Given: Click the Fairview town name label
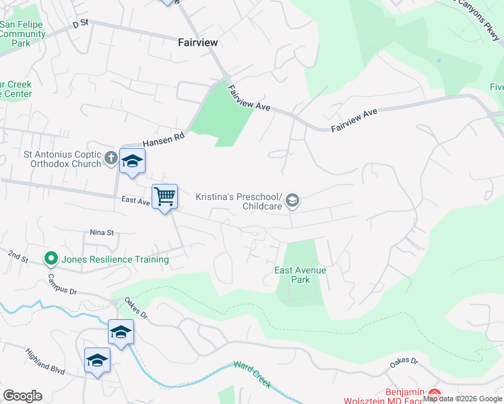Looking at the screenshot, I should [197, 42].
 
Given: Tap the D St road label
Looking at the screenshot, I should [80, 23].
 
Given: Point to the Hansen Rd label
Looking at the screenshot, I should [163, 139].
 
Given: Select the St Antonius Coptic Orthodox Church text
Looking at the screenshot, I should [53, 160].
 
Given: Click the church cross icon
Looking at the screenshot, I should [111, 159].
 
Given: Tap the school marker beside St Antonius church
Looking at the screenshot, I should [133, 162].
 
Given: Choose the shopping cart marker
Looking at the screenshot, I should [164, 197].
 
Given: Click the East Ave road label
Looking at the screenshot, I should [135, 201].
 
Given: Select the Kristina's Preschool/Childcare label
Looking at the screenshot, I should [239, 202].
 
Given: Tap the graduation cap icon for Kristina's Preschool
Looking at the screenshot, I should [292, 200].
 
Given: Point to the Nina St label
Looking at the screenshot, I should [102, 232].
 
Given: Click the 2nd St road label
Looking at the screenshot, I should [18, 257].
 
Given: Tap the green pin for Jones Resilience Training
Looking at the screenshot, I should [50, 259].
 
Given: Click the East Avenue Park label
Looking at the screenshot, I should [300, 275].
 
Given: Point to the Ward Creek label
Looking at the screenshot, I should [252, 374].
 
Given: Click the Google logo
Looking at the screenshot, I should [22, 396].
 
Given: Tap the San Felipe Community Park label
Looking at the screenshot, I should [22, 34].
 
